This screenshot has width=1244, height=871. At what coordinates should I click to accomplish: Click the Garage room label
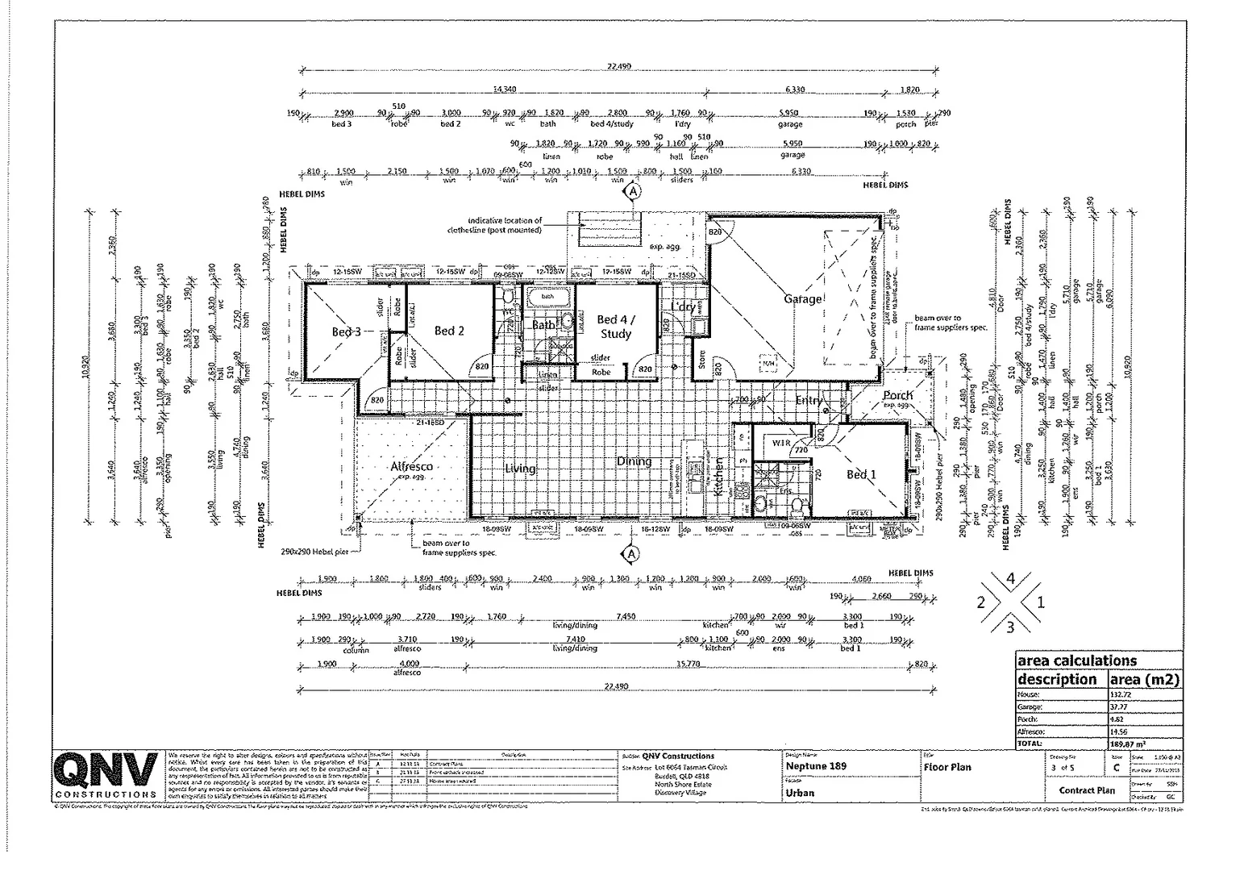pos(803,299)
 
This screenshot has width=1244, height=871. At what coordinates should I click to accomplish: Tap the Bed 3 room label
pos(346,331)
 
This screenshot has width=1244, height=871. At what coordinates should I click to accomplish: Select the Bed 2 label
pos(448,331)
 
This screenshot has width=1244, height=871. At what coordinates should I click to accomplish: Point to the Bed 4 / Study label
pos(615,327)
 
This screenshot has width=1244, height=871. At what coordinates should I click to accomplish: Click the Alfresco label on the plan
pos(411,466)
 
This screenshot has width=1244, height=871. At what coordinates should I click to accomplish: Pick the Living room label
pos(520,469)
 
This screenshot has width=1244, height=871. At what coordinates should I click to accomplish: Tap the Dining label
pos(634,461)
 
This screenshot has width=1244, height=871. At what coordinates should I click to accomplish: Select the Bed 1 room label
pos(861,474)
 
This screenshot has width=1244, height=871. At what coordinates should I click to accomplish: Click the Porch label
pos(897,395)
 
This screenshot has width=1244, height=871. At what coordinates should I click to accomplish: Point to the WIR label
pos(780,443)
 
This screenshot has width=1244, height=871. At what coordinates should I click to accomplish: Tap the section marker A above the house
pos(633,192)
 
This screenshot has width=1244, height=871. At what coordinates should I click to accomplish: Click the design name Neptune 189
pos(816,766)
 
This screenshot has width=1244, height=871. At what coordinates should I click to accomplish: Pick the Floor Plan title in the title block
pos(947,767)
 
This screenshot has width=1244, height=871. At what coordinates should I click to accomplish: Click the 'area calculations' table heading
pos(1076,661)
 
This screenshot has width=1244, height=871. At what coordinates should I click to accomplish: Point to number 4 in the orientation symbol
pos(1010,578)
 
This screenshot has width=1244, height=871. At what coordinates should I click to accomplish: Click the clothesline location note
pos(505,225)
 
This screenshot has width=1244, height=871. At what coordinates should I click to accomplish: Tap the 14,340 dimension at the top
pos(505,89)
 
